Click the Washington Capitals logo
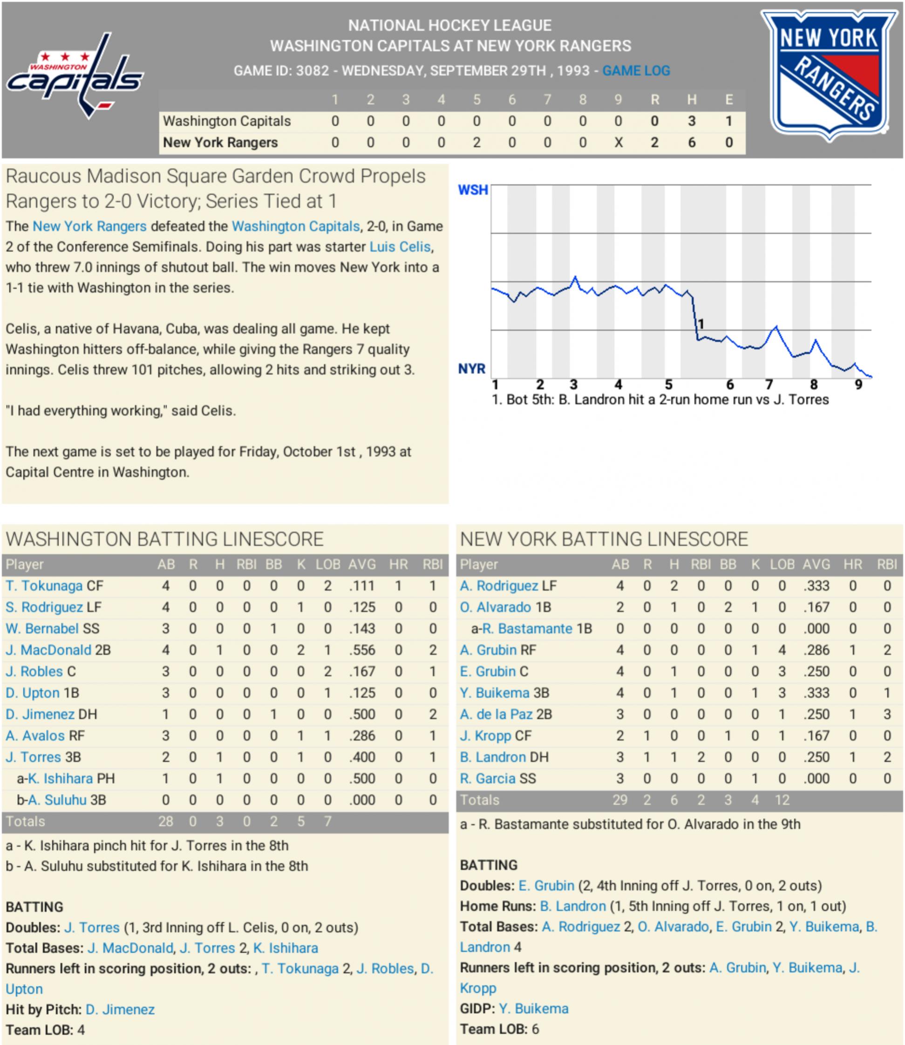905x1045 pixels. (75, 76)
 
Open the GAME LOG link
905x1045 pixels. (636, 71)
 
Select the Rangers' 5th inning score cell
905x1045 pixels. (476, 143)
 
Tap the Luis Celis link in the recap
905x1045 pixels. (400, 246)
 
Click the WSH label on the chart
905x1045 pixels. (473, 190)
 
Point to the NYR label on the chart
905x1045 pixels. (471, 369)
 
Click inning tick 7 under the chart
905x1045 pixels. (769, 385)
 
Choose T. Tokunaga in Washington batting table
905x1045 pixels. (44, 586)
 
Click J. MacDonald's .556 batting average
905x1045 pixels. (362, 650)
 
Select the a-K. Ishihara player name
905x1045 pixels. (60, 779)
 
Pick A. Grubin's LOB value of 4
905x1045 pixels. (782, 650)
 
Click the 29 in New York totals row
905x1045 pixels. (619, 800)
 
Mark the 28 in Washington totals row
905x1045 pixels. (166, 821)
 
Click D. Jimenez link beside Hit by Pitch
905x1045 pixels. (120, 1009)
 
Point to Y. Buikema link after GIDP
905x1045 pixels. (533, 1008)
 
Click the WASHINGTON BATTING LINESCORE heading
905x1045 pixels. (164, 539)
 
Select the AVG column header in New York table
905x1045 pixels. (816, 565)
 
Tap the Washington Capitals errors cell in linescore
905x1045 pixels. (729, 121)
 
